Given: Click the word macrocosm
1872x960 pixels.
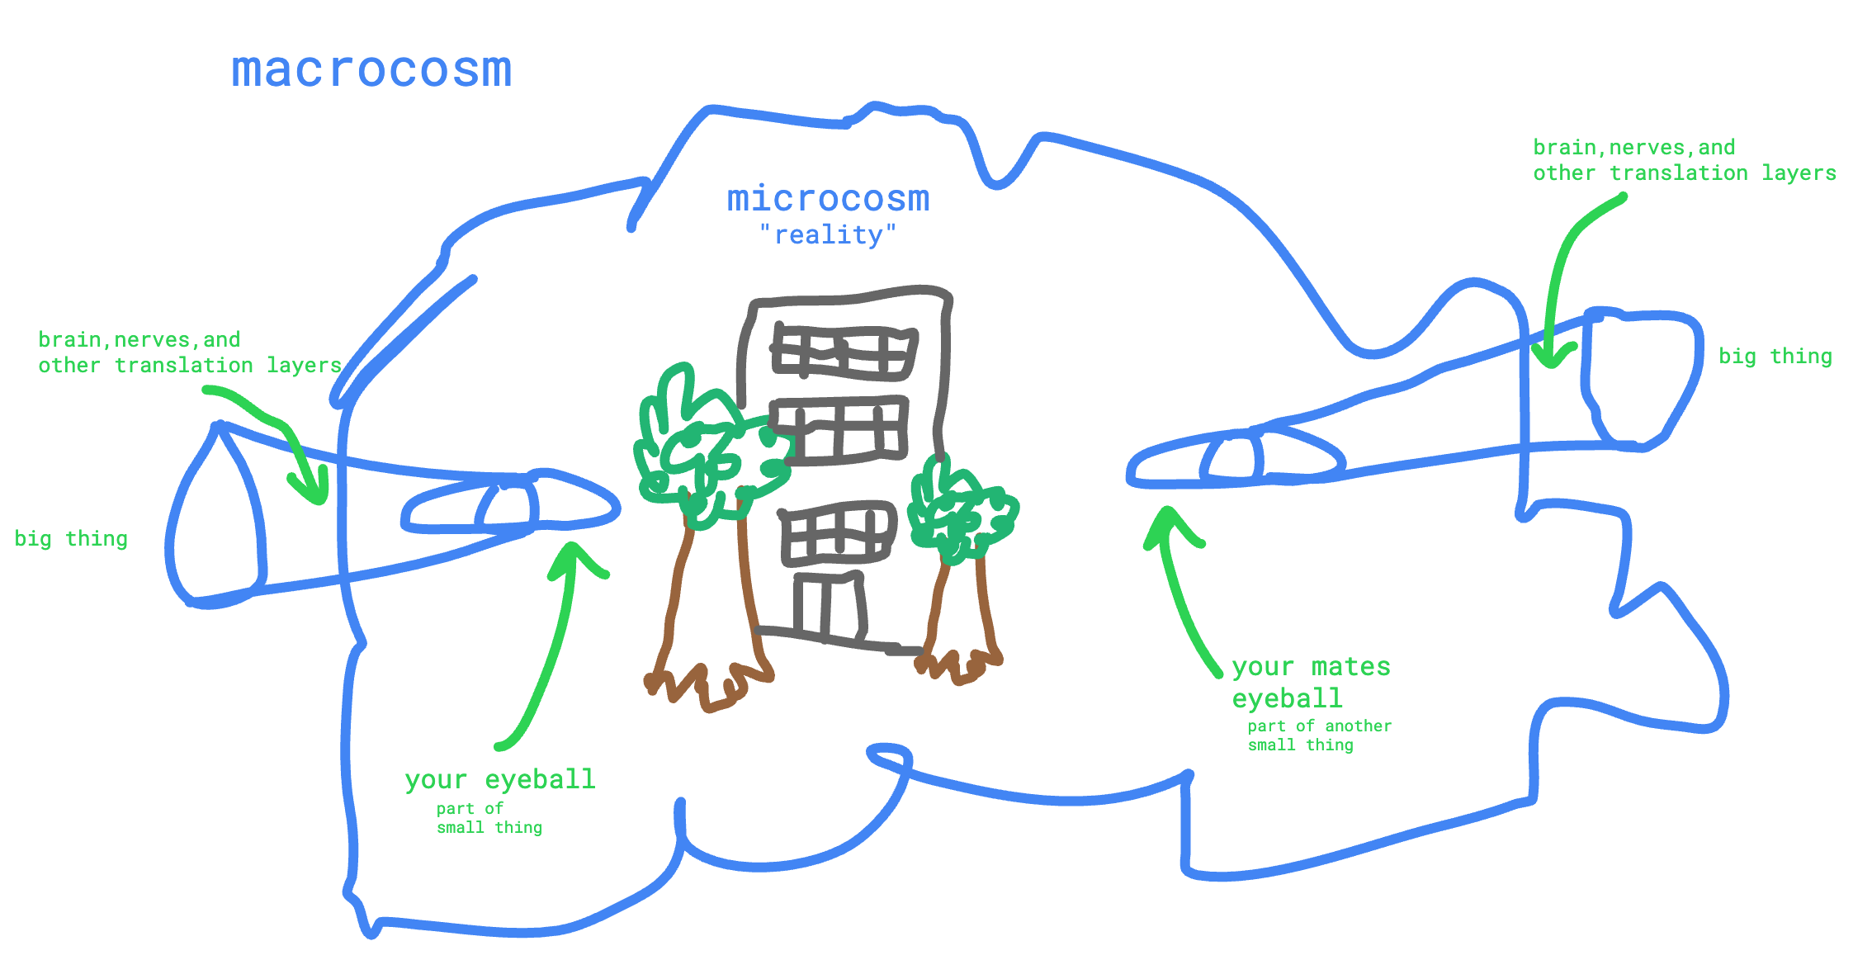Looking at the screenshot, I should point(371,70).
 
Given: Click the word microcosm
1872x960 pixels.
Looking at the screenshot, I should point(828,199).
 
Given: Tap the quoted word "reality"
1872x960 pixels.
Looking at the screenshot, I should point(828,235).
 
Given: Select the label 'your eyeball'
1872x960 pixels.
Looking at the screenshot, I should point(499,779).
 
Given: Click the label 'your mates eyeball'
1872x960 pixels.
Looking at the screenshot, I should point(1310,682).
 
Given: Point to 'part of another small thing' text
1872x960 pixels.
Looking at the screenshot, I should point(1318,735).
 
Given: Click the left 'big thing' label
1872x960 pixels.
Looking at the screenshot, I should point(71,539).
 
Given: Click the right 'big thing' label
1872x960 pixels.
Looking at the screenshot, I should point(1775,357).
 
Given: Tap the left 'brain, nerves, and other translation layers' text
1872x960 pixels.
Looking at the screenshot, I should point(190,352).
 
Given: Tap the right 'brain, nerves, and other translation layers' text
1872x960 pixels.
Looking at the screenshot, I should point(1684,160).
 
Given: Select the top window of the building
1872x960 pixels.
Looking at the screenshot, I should point(844,352).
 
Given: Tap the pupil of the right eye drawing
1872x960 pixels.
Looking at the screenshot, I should point(1234,459).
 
